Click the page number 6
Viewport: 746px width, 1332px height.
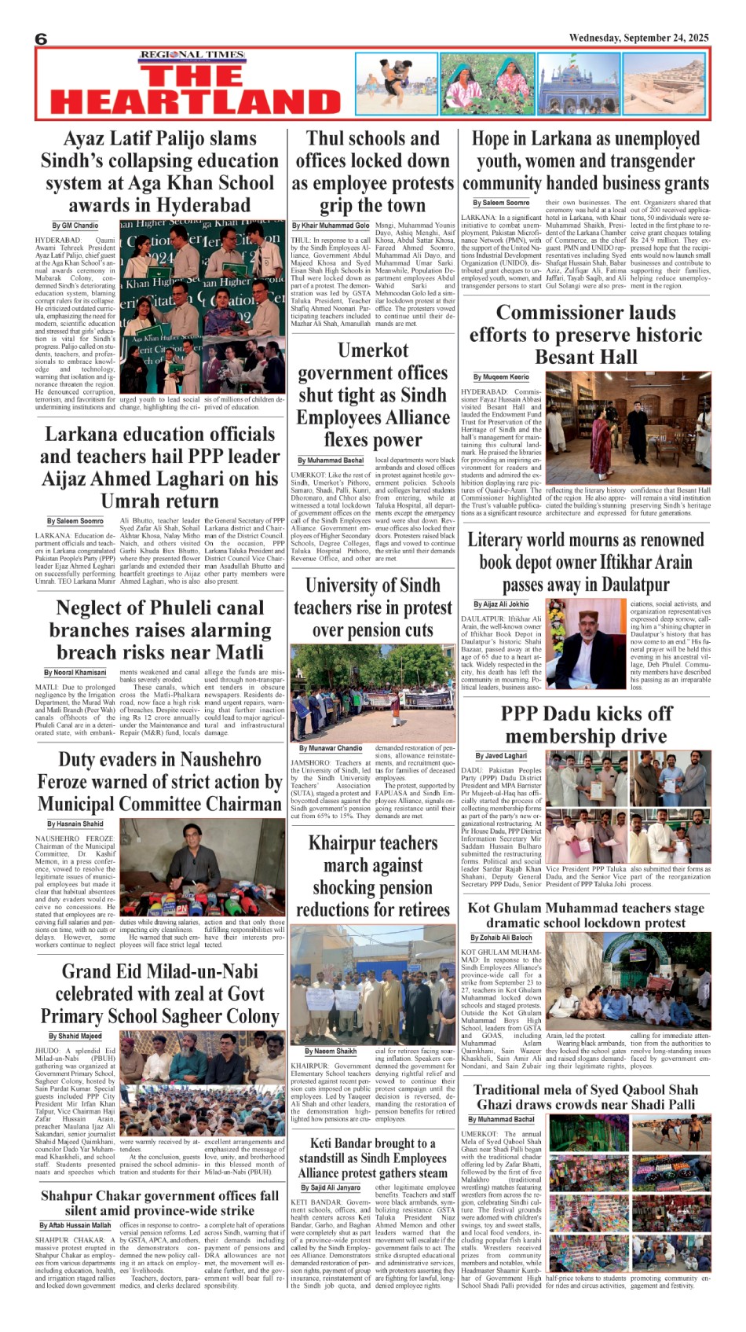point(42,39)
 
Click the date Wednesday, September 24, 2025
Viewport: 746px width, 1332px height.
point(638,38)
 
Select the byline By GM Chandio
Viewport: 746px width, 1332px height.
point(75,226)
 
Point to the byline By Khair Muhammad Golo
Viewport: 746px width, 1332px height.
point(331,226)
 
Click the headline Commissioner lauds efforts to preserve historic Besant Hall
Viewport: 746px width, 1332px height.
point(586,335)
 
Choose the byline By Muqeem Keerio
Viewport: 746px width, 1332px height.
point(501,377)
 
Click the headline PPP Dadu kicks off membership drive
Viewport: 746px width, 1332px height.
point(586,725)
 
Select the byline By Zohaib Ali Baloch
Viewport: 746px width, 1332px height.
point(501,938)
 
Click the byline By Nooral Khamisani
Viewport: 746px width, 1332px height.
point(75,673)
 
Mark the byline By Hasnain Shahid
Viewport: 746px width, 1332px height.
point(75,824)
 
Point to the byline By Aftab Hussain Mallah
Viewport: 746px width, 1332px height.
point(75,1225)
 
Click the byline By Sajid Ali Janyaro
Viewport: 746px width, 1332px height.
point(335,1187)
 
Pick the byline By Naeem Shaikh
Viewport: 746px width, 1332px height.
point(331,1051)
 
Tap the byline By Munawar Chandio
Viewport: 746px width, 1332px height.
point(331,748)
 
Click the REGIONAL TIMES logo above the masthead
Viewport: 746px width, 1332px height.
point(192,55)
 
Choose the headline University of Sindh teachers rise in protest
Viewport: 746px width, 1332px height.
point(372,607)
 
